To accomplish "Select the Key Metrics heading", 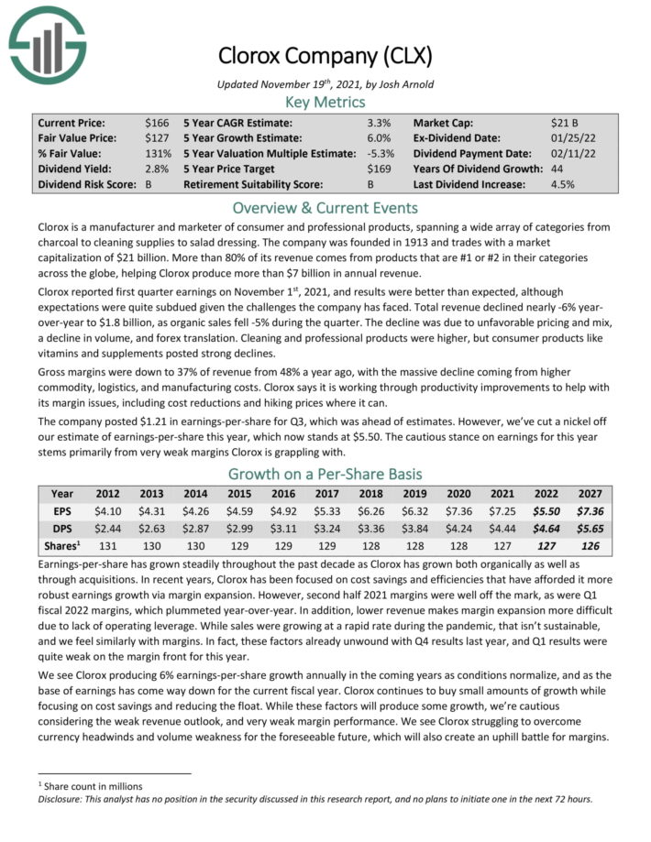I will point(325,102).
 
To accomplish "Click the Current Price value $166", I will point(157,122).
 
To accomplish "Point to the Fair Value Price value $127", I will point(157,137).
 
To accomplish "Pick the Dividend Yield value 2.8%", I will point(157,169).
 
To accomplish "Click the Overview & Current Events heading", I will point(325,207).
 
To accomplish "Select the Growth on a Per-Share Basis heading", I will point(325,475).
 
